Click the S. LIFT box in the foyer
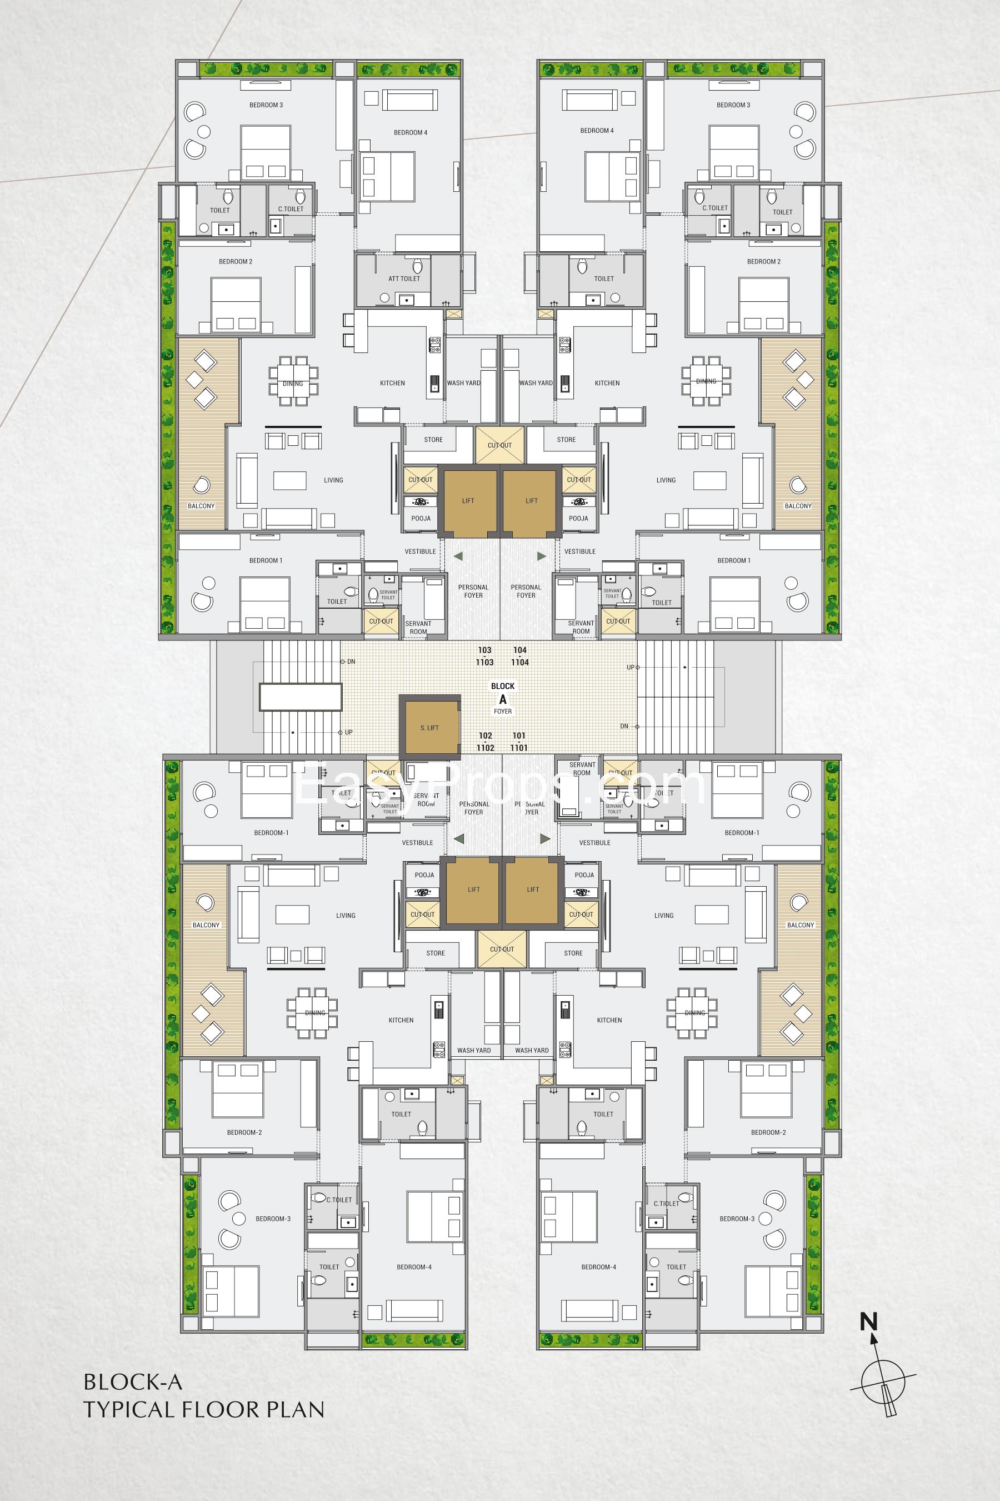429,728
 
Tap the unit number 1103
484,663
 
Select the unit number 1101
519,748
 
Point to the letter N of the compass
869,1321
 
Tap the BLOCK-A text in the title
133,1382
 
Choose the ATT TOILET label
404,279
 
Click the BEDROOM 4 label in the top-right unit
597,131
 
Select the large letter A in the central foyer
503,699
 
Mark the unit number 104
520,650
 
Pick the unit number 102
486,736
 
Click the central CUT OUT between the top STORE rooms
499,445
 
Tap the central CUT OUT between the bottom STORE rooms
502,949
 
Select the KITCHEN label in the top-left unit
392,383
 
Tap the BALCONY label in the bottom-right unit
801,925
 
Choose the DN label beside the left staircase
351,662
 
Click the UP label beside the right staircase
630,668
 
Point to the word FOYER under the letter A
503,711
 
